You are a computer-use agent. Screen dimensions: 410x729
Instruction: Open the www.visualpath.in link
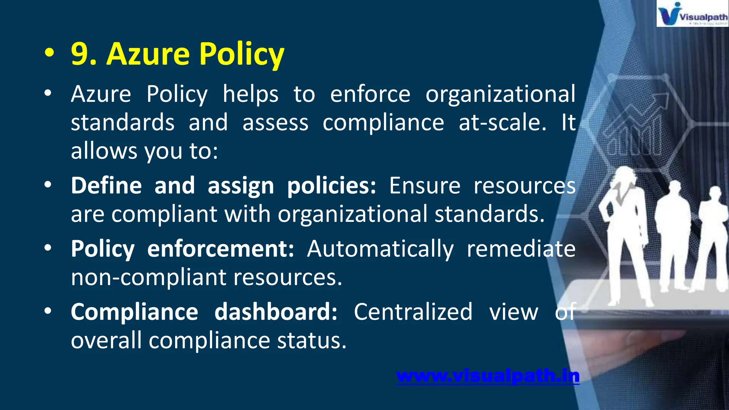488,376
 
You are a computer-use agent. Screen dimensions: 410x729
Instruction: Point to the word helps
250,94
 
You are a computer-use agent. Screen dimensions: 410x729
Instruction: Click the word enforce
370,94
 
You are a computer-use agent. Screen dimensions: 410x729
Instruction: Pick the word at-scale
502,123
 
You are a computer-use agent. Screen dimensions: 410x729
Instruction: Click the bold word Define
106,186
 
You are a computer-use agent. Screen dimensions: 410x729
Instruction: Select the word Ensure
425,186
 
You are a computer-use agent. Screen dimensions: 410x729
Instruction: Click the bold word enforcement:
221,249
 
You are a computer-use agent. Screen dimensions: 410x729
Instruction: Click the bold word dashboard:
276,312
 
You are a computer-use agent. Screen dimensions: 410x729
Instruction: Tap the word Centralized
413,312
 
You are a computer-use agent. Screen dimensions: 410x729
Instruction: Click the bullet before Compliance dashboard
48,311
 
